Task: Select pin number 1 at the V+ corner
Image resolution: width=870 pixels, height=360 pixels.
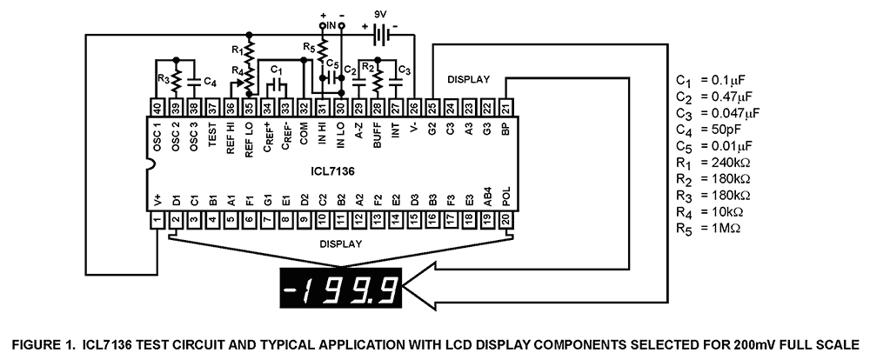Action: [x=157, y=222]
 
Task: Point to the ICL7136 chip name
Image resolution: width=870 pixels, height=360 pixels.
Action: [x=331, y=170]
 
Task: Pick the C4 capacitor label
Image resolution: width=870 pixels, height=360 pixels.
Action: [x=209, y=82]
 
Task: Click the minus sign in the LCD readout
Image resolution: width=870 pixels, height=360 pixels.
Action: [x=291, y=286]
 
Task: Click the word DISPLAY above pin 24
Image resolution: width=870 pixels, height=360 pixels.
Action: [x=468, y=79]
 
